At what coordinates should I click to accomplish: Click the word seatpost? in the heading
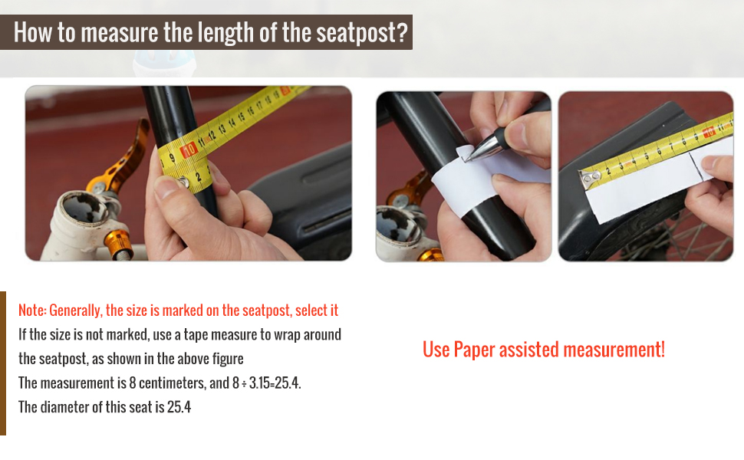(362, 32)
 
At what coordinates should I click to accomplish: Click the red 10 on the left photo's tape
(189, 149)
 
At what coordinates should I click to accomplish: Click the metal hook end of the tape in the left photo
(183, 182)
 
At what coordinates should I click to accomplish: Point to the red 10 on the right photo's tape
(709, 131)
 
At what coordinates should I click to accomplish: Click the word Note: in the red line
(32, 310)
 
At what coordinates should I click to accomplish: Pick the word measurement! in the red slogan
(614, 350)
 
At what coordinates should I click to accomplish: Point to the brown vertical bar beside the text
(3, 363)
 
